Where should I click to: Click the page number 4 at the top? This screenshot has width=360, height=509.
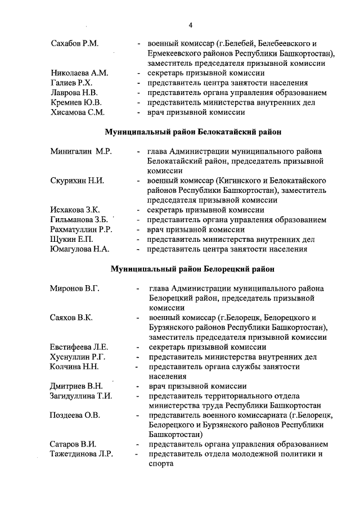(191, 25)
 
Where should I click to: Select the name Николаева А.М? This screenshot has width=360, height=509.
(79, 73)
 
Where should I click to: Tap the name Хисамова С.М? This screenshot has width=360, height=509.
(77, 112)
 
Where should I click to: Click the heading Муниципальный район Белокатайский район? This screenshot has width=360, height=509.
(193, 132)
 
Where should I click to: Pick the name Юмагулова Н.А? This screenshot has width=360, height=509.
(80, 249)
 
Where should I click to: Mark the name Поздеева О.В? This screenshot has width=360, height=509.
(75, 415)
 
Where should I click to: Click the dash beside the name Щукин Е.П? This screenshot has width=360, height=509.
(138, 240)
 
